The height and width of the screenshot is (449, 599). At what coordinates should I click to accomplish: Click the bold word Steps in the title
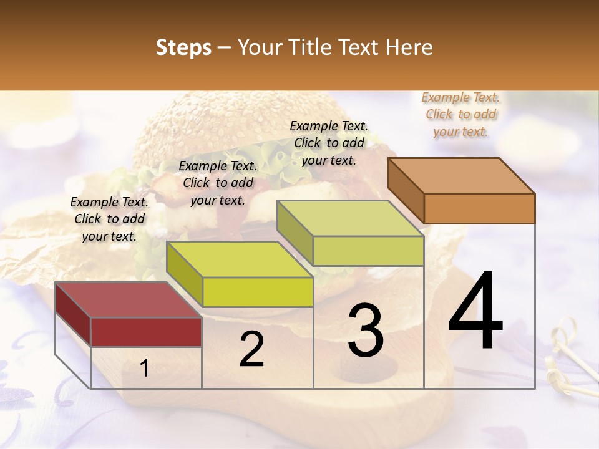pos(183,47)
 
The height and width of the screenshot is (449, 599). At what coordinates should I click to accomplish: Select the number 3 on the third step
pos(365,330)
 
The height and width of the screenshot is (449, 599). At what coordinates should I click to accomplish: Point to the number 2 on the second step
pos(251,350)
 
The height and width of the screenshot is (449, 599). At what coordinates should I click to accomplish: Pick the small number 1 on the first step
pos(144,369)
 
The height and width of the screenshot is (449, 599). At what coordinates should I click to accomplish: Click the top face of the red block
pos(128,299)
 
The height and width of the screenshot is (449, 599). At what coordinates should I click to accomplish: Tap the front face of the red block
pos(146,332)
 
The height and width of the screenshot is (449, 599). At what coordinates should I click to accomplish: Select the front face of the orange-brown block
pos(479,208)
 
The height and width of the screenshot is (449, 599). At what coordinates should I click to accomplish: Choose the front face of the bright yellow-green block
pos(258,292)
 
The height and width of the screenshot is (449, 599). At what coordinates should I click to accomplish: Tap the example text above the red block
pos(109,219)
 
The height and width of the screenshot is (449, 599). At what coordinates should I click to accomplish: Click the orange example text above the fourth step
pos(460,114)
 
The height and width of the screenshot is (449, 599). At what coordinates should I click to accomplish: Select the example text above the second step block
pos(218,183)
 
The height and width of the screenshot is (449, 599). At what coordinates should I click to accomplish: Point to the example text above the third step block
pos(329,143)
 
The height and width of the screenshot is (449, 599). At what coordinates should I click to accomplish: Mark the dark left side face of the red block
pos(73,312)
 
